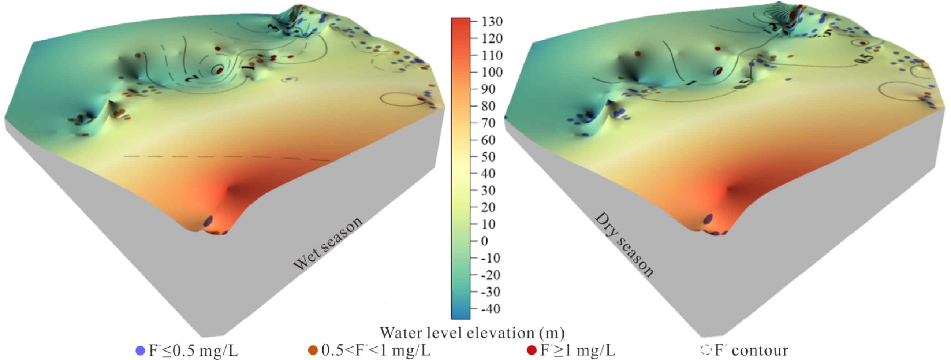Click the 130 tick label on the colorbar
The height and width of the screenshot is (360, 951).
click(x=492, y=22)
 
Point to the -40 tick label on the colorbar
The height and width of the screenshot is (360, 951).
click(x=490, y=309)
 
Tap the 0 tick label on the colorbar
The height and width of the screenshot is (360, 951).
click(x=484, y=241)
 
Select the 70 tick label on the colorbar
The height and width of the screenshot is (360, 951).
click(x=488, y=123)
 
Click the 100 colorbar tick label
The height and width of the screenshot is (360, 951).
click(x=492, y=73)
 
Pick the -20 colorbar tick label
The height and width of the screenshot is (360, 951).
click(x=490, y=275)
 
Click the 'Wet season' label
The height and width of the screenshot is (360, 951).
click(x=327, y=243)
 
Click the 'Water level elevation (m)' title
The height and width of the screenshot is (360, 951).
click(x=472, y=333)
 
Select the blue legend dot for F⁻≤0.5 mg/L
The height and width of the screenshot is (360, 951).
click(x=140, y=350)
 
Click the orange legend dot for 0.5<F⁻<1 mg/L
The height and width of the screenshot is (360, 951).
click(x=313, y=350)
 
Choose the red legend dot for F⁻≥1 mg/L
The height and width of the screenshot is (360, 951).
click(x=531, y=350)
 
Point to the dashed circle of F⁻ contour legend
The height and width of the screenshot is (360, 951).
click(x=705, y=350)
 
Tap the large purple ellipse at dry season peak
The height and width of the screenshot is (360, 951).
click(x=708, y=219)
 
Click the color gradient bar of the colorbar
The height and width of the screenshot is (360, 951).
click(x=460, y=168)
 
